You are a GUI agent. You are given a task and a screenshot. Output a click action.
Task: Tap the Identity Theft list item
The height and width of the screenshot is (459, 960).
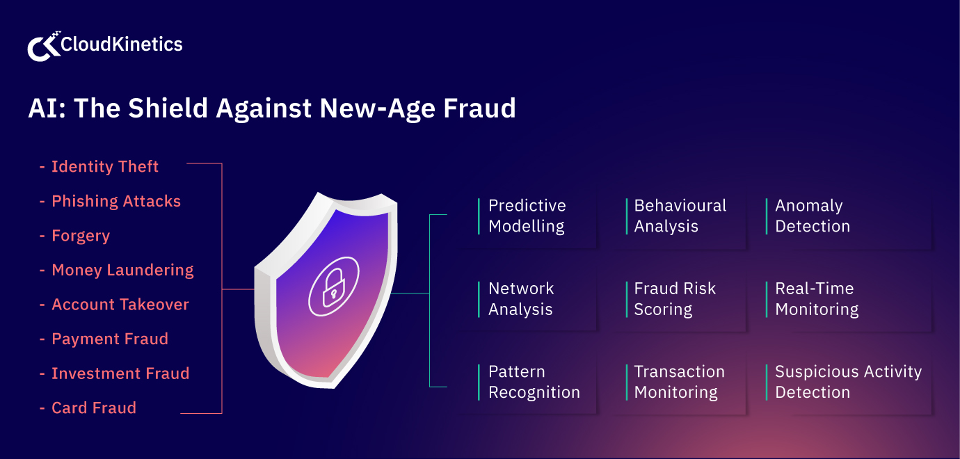(104, 167)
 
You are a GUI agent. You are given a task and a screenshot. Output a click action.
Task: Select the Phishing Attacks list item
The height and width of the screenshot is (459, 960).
(115, 202)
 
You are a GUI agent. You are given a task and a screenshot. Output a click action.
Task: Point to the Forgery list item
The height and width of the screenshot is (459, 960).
(80, 236)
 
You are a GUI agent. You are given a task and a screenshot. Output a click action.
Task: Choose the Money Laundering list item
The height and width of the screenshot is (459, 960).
(122, 270)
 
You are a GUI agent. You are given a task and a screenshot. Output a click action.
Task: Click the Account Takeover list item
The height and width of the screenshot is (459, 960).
(120, 305)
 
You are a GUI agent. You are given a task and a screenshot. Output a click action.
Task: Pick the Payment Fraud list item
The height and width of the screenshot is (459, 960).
(109, 339)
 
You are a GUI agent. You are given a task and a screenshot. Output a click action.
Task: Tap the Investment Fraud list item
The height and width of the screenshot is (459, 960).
(120, 373)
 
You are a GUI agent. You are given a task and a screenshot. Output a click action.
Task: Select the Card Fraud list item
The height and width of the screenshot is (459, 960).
(93, 408)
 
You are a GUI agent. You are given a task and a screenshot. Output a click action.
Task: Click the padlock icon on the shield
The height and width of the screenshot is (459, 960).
(334, 285)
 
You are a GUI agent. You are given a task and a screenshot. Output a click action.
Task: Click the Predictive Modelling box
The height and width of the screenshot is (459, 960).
(536, 216)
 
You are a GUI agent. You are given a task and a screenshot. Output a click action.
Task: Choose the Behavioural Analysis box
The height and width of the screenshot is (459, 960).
(682, 216)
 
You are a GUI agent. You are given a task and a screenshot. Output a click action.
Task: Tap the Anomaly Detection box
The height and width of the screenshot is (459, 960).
(845, 216)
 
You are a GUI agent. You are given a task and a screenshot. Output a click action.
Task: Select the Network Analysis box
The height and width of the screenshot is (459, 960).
(536, 299)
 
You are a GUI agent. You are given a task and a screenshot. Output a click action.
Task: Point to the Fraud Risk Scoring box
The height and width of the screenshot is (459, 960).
(682, 299)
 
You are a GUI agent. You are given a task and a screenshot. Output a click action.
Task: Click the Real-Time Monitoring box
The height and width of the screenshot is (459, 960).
(845, 299)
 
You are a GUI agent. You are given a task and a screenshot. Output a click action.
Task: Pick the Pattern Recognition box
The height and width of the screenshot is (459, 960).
(536, 382)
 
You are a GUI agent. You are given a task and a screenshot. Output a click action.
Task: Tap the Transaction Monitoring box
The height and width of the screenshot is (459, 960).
(682, 382)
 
